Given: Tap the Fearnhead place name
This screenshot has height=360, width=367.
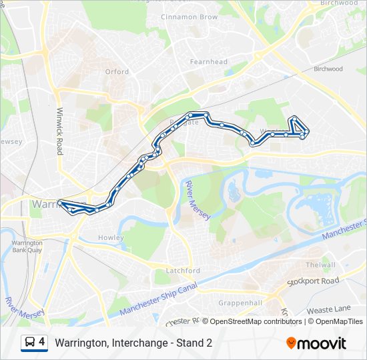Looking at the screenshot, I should click(x=209, y=62).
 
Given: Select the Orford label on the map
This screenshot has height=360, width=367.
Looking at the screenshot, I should click(x=117, y=72).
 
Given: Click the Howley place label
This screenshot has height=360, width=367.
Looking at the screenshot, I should click(x=111, y=237).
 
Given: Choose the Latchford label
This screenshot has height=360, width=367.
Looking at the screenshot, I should click(x=182, y=271).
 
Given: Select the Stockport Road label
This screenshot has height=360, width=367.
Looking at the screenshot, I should click(x=313, y=281).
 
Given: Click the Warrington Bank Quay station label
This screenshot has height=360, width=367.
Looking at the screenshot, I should click(x=26, y=247).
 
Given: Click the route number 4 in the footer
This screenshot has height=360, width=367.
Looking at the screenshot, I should click(x=42, y=342).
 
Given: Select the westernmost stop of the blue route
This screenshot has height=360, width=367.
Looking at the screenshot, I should click(x=61, y=203).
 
